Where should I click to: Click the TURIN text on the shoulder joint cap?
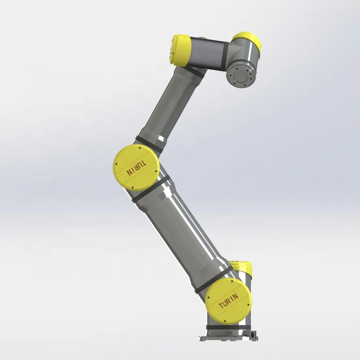[x=229, y=299]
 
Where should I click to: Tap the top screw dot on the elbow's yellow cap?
[x=140, y=149]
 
